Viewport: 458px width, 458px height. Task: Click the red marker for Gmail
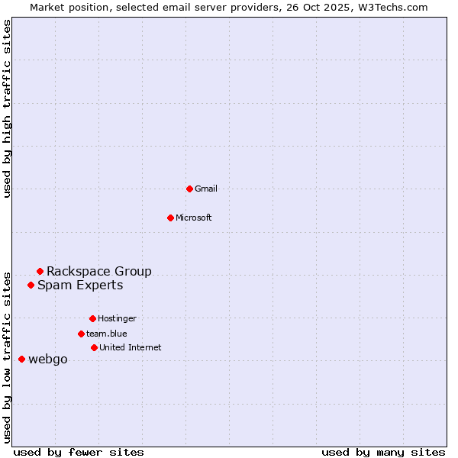point(189,189)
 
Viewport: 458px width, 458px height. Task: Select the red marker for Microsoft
point(170,218)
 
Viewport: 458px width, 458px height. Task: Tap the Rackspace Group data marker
point(40,271)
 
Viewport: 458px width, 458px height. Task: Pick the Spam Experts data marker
point(31,285)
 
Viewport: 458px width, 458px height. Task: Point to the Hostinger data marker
point(92,318)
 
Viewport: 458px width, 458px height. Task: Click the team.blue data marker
point(81,334)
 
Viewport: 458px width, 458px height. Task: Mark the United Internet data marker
point(94,347)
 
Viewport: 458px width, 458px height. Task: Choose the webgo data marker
point(21,359)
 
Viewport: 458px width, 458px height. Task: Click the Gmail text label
point(206,189)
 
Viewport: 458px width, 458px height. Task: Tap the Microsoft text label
point(194,218)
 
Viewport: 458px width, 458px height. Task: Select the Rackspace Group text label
point(99,271)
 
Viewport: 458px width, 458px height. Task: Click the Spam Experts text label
point(80,285)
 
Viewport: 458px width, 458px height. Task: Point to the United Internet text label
point(131,347)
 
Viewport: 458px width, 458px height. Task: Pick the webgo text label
point(48,360)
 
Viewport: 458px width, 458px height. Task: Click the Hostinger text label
point(117,318)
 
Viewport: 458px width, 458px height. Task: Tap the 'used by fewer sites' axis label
point(79,452)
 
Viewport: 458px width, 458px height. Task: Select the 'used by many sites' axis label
point(383,452)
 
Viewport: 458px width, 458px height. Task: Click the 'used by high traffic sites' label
point(7,108)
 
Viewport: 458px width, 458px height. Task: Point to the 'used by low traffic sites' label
point(7,357)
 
